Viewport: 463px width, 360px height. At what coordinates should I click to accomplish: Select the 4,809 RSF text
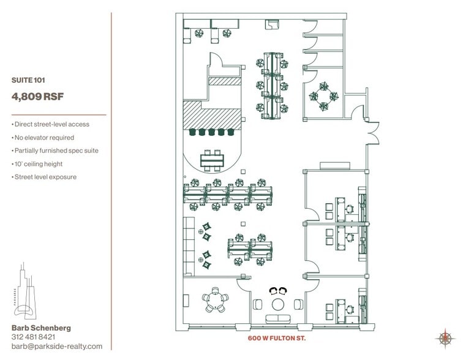[37, 96]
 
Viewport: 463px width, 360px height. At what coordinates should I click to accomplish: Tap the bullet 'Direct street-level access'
[50, 124]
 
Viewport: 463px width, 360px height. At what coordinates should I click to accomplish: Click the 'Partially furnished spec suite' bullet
[55, 151]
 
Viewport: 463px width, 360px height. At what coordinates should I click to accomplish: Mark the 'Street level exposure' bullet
[43, 177]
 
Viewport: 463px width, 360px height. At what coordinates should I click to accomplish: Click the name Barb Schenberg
[41, 328]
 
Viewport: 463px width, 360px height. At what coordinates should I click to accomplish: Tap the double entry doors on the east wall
[370, 131]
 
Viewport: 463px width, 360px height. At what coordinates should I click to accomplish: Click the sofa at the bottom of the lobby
[279, 319]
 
